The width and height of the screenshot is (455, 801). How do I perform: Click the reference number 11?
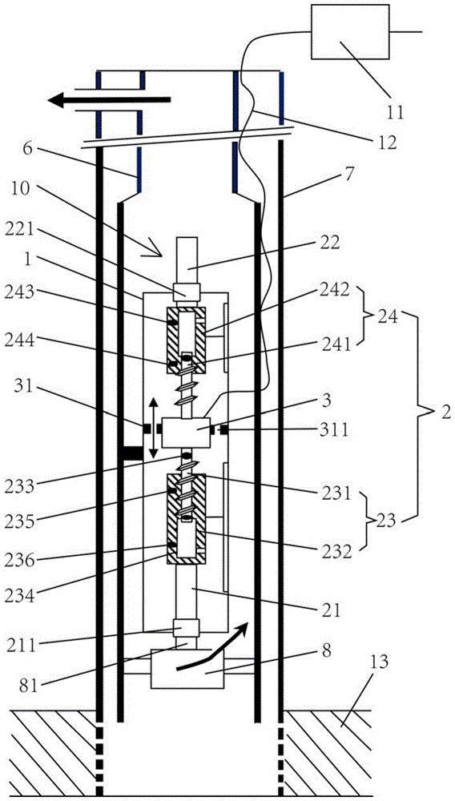[x=394, y=111]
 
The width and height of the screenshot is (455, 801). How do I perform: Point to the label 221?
[x=19, y=231]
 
